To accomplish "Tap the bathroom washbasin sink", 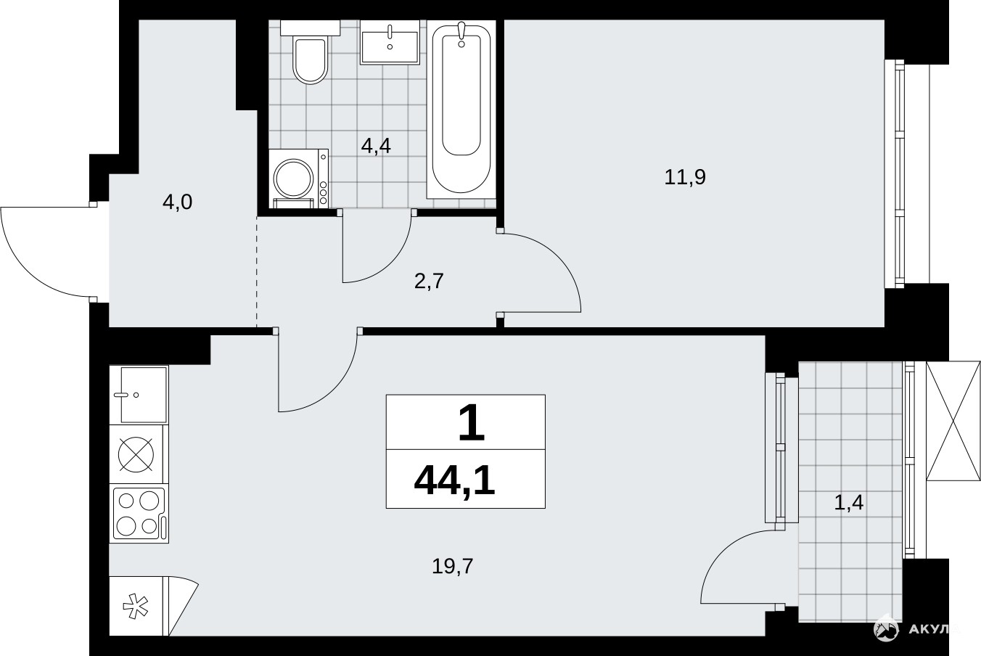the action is coord(390,43).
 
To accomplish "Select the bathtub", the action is coord(461,110).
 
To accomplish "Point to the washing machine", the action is coord(298,179).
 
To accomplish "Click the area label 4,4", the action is coord(376,146).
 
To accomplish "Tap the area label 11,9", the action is coord(685,177).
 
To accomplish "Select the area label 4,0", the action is coord(177,202).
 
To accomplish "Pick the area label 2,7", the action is coord(430,281).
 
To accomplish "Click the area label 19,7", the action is coord(453,566).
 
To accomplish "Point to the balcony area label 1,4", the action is coord(849,502).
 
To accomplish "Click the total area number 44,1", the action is coord(455,481).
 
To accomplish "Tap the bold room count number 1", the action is coord(471,422).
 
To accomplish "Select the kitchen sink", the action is coord(139,395).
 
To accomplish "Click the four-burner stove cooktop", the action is coord(139,514).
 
